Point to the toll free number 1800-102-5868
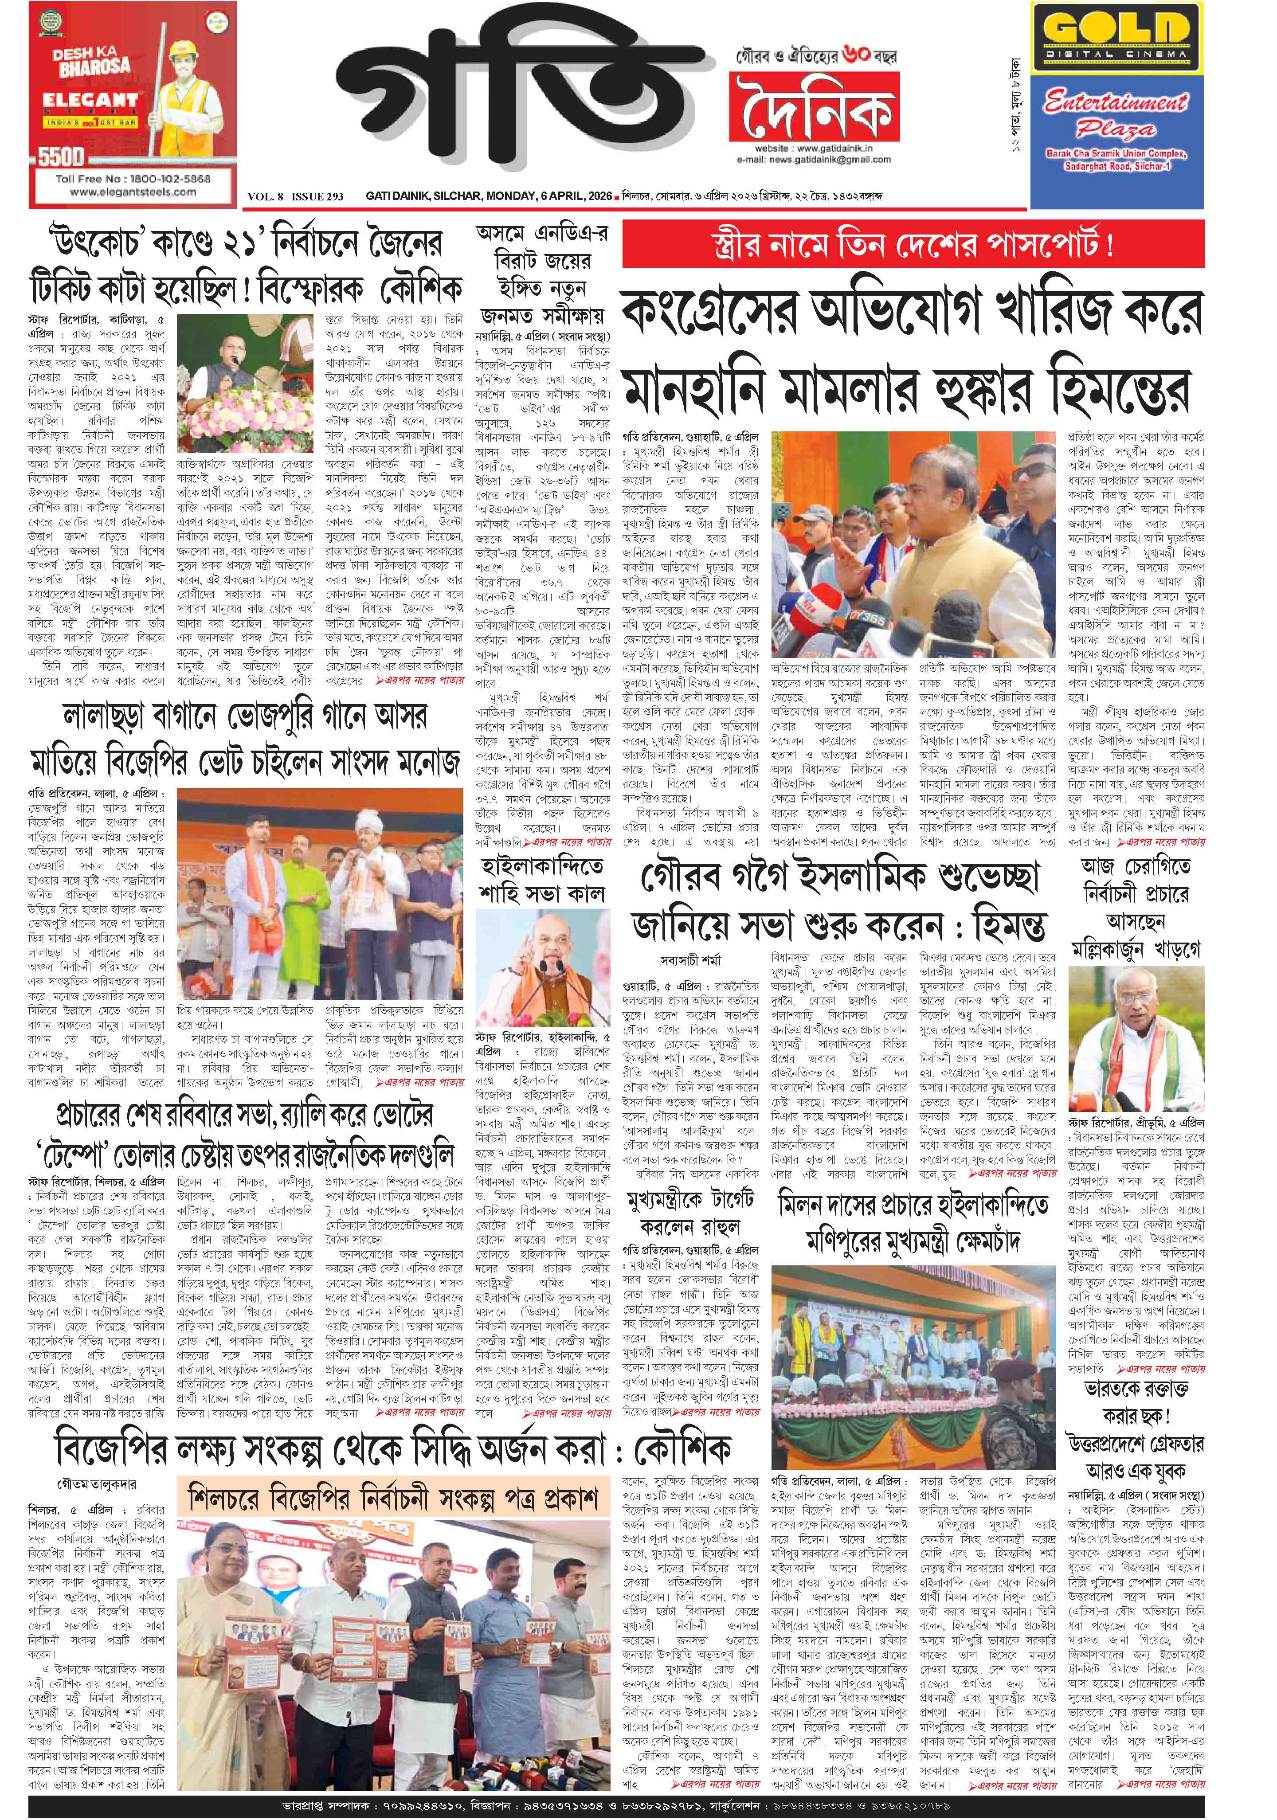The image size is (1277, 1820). (133, 178)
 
